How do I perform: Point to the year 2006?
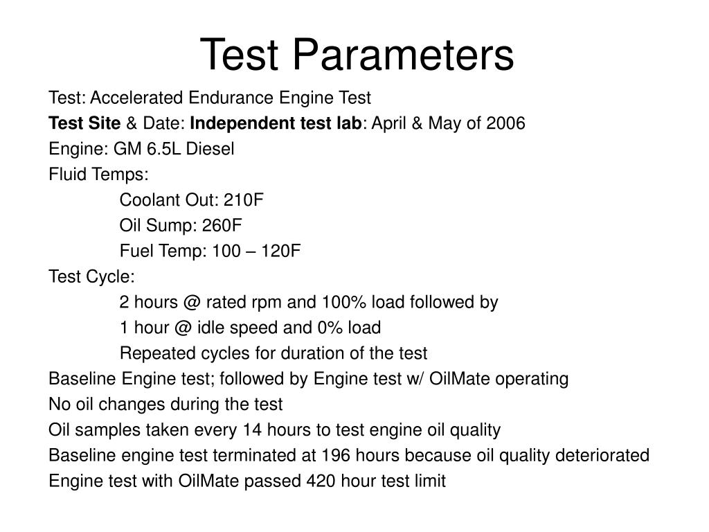point(506,123)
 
